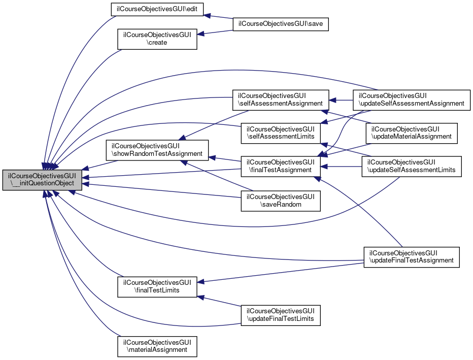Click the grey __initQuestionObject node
point(42,180)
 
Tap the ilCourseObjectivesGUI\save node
point(281,24)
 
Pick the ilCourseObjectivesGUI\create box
point(157,39)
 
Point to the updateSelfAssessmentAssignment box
point(412,99)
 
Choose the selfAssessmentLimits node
point(281,133)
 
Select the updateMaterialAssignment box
point(412,133)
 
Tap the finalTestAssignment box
point(281,166)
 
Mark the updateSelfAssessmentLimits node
point(412,166)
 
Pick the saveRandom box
point(281,201)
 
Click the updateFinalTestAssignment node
point(412,256)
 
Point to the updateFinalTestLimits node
point(281,314)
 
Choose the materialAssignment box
point(157,345)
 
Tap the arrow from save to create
point(215,32)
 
